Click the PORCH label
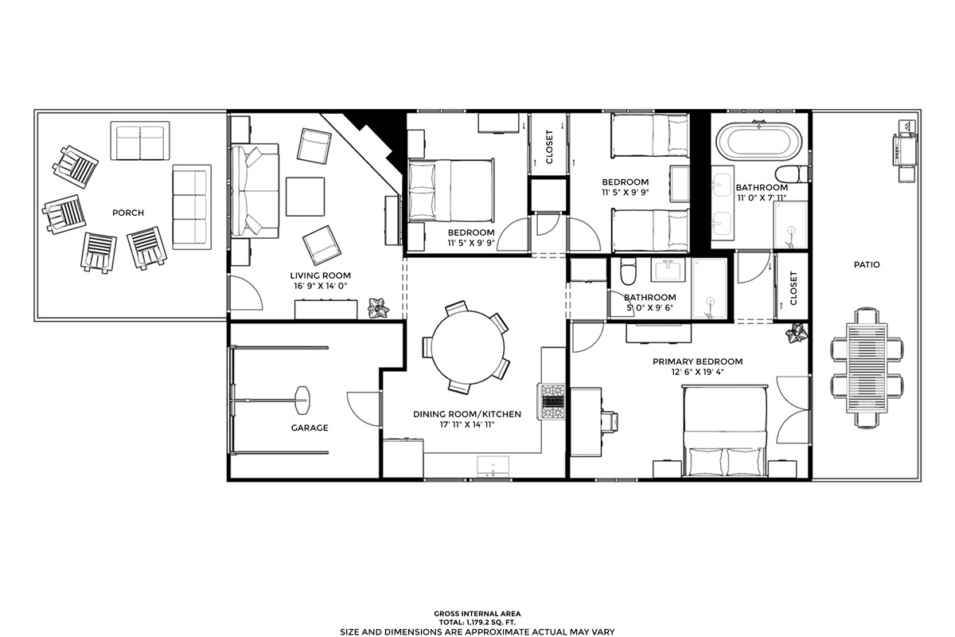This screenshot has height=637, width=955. point(128,213)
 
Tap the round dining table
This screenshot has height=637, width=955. point(468,346)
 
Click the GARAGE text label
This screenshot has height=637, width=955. point(310,428)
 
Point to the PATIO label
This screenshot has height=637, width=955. point(867,264)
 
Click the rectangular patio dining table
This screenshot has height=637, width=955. point(867,367)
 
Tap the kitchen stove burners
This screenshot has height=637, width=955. point(553,401)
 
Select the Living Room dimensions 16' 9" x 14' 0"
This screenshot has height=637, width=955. point(321,286)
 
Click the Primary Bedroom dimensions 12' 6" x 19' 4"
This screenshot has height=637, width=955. point(697,372)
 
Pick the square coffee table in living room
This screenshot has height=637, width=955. point(305,197)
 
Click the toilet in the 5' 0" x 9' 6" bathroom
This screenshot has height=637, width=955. point(628,271)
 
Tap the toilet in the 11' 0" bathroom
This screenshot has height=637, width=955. point(792,174)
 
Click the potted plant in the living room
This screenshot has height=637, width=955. point(378,307)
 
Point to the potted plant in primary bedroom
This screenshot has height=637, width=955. point(797,333)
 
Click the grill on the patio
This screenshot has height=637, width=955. point(905,150)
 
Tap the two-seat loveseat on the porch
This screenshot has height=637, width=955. point(140,141)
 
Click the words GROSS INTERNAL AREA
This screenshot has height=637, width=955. point(477,614)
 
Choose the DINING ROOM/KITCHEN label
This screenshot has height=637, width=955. point(467,414)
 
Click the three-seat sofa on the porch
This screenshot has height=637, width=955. point(192,207)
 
